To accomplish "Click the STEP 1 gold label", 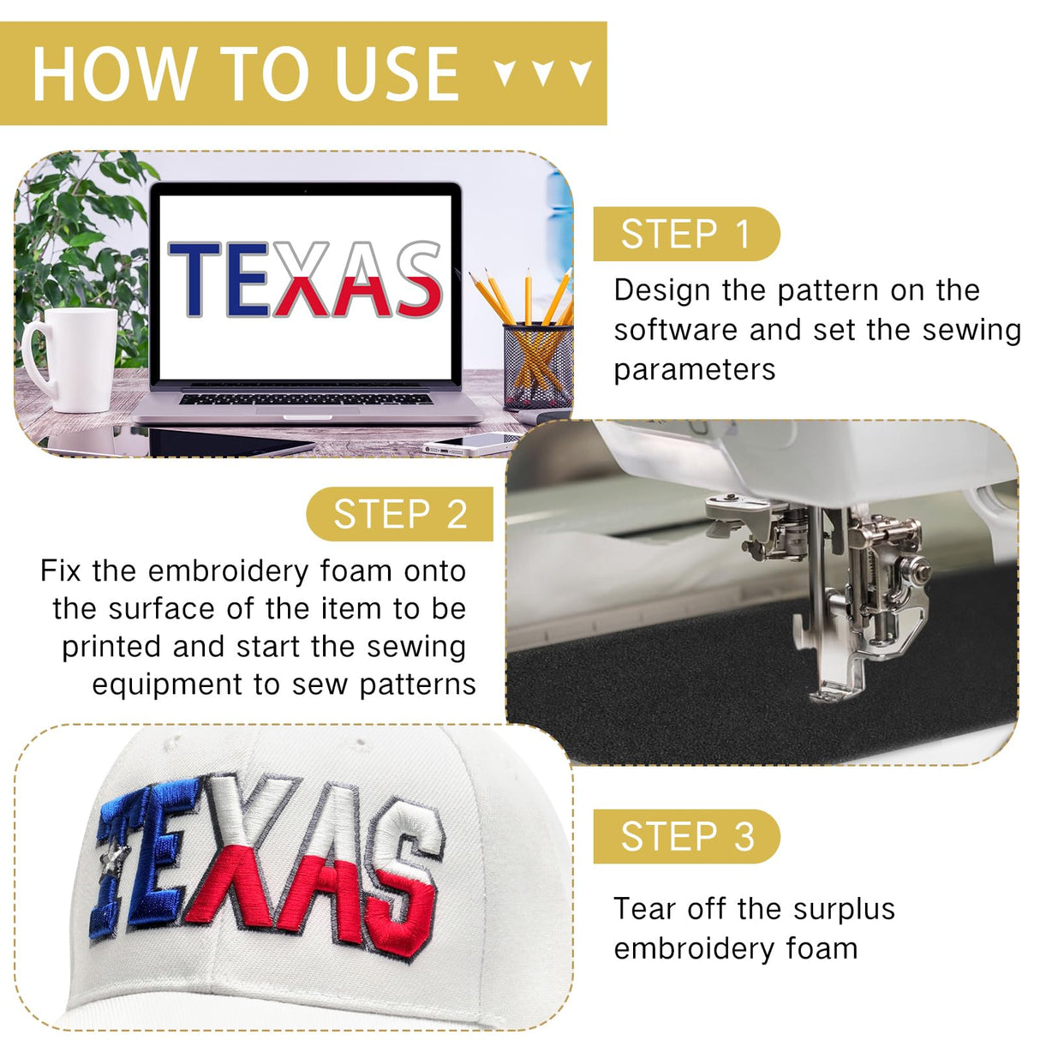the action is point(686,234).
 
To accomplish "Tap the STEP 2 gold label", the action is point(399,514).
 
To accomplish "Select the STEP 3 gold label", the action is point(686,836).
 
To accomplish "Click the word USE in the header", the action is point(397,74).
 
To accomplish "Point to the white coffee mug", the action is point(70,359).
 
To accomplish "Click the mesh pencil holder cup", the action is point(537,366).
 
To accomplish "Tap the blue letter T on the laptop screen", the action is point(194,279).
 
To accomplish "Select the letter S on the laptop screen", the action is point(420,278).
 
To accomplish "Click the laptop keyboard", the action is point(306,399).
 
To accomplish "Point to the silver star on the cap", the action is point(115,860).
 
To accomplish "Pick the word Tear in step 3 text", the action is point(645,909).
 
